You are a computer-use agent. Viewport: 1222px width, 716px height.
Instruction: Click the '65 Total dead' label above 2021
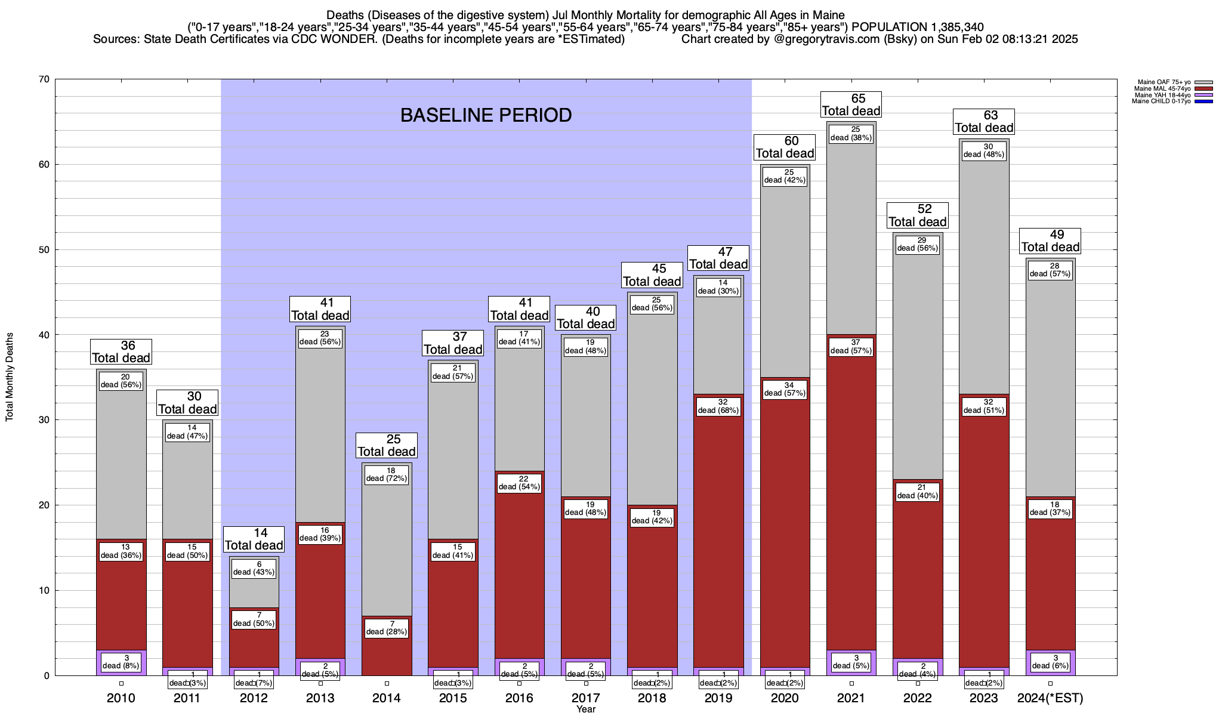coord(851,105)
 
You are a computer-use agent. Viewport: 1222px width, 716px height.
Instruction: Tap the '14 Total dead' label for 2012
coord(254,539)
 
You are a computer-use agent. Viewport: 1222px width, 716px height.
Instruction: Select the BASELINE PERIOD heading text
coord(486,115)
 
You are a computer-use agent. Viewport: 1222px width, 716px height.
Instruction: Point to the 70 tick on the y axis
coord(44,79)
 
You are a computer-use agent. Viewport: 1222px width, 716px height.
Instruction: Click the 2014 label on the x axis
coord(387,698)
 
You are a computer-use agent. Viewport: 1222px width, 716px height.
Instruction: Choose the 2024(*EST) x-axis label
coord(1050,698)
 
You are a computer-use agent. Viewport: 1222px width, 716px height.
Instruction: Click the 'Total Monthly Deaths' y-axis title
coord(10,377)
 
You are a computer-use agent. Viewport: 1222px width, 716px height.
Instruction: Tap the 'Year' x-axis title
coord(586,709)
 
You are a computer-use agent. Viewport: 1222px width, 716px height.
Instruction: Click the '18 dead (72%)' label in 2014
coord(387,474)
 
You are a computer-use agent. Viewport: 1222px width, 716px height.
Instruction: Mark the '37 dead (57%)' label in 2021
coord(851,347)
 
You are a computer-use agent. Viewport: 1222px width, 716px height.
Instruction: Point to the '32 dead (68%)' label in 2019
coord(719,406)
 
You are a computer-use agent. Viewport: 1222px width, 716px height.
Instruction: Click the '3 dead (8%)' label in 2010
coord(121,662)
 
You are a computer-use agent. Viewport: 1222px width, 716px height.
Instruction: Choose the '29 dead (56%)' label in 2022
coord(918,244)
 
